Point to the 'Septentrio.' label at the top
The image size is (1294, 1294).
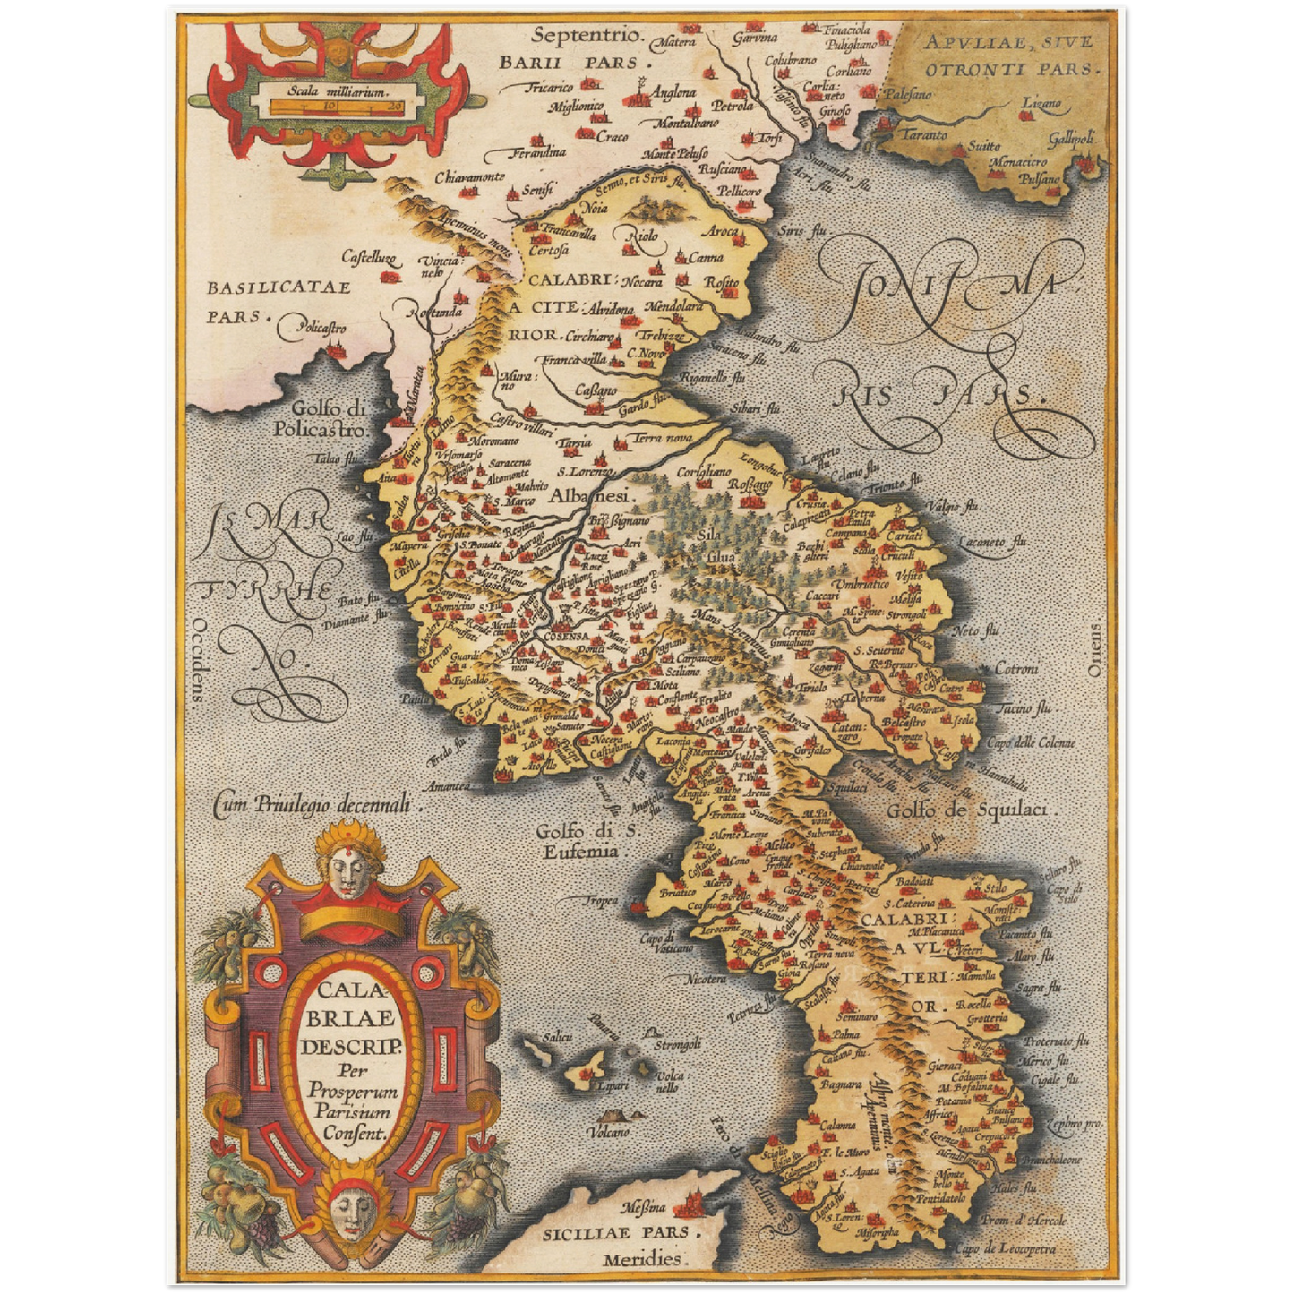(587, 36)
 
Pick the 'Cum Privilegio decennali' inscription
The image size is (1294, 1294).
(317, 805)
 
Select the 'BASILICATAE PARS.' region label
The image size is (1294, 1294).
(278, 301)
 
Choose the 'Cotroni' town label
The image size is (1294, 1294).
(1016, 669)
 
